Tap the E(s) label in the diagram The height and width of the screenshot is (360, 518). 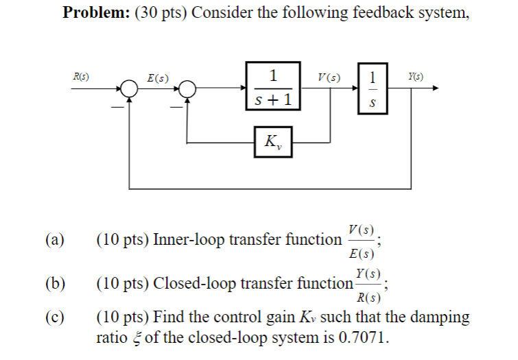pyautogui.click(x=158, y=77)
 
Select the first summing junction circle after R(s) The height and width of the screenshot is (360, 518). pyautogui.click(x=129, y=88)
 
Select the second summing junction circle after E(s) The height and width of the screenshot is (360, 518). pyautogui.click(x=188, y=88)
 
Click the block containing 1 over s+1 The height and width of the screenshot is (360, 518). pyautogui.click(x=272, y=86)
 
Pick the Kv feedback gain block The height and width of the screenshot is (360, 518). pyautogui.click(x=272, y=143)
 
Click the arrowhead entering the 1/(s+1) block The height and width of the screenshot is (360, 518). pyautogui.click(x=242, y=88)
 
